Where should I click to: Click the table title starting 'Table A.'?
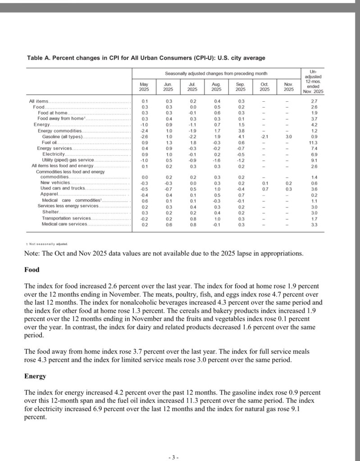(146, 58)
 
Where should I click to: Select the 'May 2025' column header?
(144, 86)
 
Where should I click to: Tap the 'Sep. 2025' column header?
(240, 86)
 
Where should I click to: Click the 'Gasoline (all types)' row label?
(62, 136)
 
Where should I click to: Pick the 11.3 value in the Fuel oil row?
(314, 142)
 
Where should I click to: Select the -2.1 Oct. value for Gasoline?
(264, 136)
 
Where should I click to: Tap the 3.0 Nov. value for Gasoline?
(288, 136)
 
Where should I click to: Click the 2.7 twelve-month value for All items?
(314, 101)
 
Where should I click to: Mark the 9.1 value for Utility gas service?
(314, 160)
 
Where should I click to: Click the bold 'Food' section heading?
(32, 270)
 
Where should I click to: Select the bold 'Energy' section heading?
(35, 375)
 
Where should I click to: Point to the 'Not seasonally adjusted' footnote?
(48, 244)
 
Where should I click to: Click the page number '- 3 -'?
(173, 457)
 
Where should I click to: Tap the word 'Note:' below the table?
(32, 253)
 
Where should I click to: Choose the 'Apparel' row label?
(49, 194)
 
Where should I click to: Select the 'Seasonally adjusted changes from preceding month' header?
(216, 73)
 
